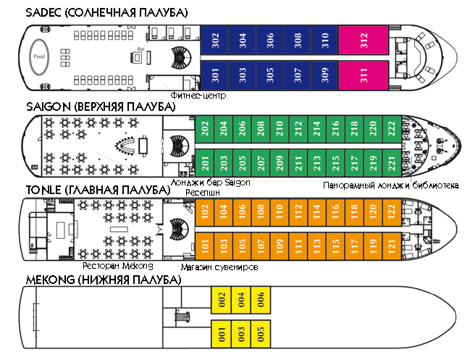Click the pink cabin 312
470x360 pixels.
(x=364, y=40)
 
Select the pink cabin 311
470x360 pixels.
(x=364, y=75)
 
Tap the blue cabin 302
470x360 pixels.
(x=214, y=40)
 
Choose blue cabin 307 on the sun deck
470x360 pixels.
(x=297, y=75)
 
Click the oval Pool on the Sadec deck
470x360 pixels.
(x=39, y=56)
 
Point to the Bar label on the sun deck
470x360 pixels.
(x=141, y=49)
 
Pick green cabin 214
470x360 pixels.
(x=316, y=129)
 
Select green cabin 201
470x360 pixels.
(x=204, y=163)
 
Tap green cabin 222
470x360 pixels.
(x=392, y=129)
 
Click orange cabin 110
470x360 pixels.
(x=280, y=212)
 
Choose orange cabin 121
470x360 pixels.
(x=392, y=246)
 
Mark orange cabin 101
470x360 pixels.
(x=204, y=246)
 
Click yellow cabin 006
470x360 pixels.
(x=261, y=300)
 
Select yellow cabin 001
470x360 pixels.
(x=221, y=334)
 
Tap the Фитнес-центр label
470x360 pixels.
(x=198, y=96)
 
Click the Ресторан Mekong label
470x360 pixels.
(x=118, y=266)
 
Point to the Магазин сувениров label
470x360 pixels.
(x=219, y=267)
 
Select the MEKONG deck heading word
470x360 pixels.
(x=51, y=280)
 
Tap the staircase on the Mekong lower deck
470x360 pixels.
(x=182, y=317)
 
